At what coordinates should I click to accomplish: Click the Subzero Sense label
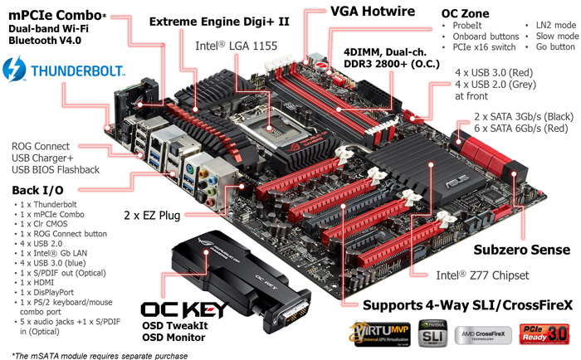(x=521, y=249)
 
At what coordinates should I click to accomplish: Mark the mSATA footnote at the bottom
(x=93, y=355)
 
